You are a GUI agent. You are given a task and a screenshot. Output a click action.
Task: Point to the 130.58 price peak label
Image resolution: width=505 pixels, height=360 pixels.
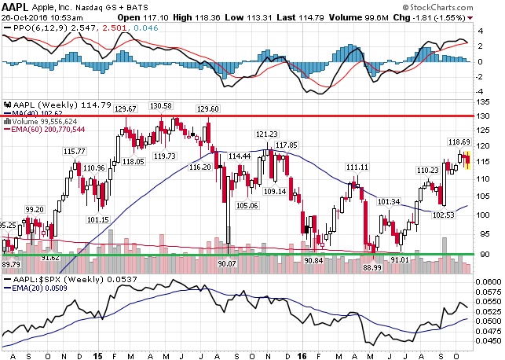click(161, 107)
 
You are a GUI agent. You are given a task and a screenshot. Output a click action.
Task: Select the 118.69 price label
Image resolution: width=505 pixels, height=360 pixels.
click(459, 141)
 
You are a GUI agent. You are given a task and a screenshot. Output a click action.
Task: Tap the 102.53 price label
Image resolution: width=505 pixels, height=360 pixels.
click(444, 215)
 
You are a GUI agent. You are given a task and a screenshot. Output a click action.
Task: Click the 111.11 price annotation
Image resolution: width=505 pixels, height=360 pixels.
click(357, 167)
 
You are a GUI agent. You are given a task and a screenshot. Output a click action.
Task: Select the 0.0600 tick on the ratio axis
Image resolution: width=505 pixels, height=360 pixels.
click(489, 281)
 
